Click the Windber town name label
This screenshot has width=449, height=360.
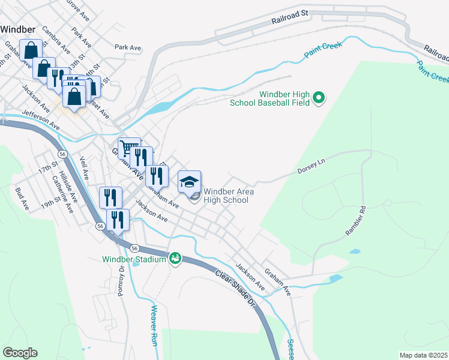pyautogui.click(x=18, y=29)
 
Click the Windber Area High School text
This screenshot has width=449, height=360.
pyautogui.click(x=228, y=196)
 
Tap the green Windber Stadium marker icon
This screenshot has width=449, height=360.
pyautogui.click(x=175, y=259)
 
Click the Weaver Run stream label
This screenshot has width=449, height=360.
pyautogui.click(x=154, y=325)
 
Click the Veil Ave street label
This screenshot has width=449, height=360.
pyautogui.click(x=84, y=169)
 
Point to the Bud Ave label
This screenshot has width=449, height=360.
pyautogui.click(x=22, y=198)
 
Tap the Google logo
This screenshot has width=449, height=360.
pyautogui.click(x=20, y=353)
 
